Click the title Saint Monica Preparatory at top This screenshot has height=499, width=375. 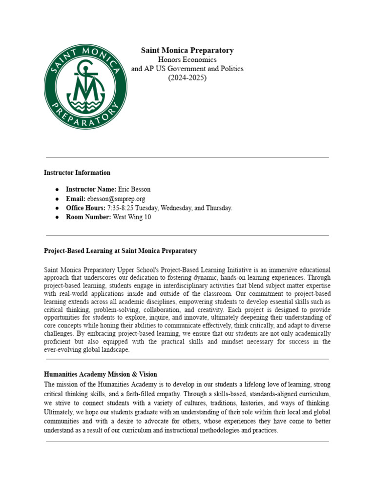187,50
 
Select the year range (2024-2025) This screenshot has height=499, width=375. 187,77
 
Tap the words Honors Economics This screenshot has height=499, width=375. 187,59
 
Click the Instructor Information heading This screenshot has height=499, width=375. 77,173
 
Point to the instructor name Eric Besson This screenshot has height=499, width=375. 135,189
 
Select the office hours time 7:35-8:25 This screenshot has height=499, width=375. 122,208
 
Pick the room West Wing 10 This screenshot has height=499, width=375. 132,217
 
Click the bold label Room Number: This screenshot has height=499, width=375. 88,217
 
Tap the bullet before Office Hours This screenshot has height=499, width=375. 58,208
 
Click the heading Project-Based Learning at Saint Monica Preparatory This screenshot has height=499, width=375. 120,251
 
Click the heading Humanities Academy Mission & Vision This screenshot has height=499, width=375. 101,374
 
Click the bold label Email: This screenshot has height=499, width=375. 76,199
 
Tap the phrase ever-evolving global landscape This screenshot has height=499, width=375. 87,350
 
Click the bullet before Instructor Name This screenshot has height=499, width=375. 58,189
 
